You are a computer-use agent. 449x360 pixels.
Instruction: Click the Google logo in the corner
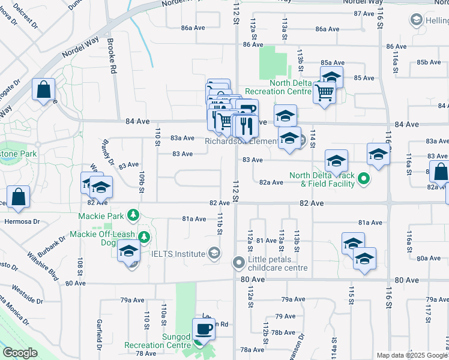20,353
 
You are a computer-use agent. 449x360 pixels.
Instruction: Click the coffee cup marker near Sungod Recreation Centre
204,329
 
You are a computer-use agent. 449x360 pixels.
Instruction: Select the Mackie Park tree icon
137,215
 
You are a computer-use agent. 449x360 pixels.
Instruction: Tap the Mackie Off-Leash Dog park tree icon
144,238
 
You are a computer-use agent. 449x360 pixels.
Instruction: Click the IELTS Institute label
178,254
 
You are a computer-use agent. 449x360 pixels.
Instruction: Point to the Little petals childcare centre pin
239,262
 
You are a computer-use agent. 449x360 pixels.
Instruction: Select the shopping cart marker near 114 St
324,92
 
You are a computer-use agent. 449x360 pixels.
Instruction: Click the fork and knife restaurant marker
246,125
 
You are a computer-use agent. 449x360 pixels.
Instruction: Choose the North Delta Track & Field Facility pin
363,179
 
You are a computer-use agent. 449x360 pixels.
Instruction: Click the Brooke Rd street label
112,56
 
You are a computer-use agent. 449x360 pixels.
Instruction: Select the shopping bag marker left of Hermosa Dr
19,197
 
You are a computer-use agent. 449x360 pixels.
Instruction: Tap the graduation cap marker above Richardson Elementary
286,114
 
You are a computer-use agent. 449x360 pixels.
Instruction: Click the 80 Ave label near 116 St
408,280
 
